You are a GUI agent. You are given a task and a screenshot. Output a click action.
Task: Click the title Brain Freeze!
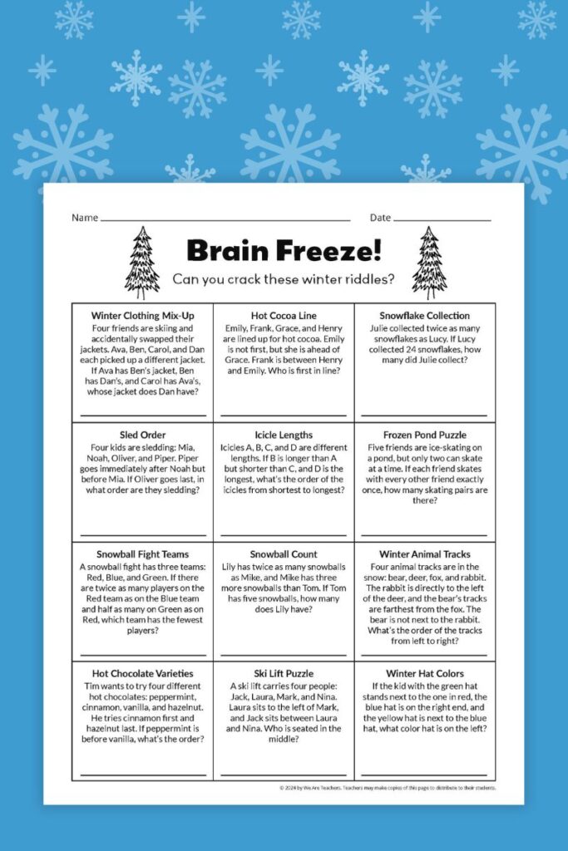coord(284,250)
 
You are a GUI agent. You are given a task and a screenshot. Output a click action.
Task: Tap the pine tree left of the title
coord(142,263)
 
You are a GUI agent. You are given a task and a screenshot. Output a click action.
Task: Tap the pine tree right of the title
coord(428,263)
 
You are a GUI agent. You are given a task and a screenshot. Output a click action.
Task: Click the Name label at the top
coord(85,218)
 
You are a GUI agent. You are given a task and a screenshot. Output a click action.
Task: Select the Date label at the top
coord(380,218)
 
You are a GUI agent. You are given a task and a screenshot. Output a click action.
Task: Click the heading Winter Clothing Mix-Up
coord(141,316)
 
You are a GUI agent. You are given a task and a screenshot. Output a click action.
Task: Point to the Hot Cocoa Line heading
coord(284,316)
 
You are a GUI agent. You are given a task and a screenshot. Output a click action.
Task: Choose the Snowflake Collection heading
coord(424,316)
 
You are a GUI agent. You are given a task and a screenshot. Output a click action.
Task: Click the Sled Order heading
coord(141,435)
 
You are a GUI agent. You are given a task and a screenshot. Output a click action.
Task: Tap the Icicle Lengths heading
coord(284,435)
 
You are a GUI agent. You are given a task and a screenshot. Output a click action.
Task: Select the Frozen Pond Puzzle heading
coord(424,435)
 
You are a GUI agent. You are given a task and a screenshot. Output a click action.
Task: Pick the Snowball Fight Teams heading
coord(142,554)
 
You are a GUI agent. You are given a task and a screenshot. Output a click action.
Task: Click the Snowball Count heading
coord(284,554)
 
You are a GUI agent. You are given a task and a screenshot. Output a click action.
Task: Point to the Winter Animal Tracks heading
coord(424,554)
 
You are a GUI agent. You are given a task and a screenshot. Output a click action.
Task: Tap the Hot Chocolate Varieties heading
coord(142,673)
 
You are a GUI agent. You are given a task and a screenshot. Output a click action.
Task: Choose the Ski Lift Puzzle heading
coord(284,673)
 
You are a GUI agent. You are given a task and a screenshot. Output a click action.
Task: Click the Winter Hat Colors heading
coord(424,673)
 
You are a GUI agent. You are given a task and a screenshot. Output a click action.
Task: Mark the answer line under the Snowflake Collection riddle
coord(424,414)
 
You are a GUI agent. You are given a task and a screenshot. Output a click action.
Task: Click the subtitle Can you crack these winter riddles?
coord(284,279)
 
